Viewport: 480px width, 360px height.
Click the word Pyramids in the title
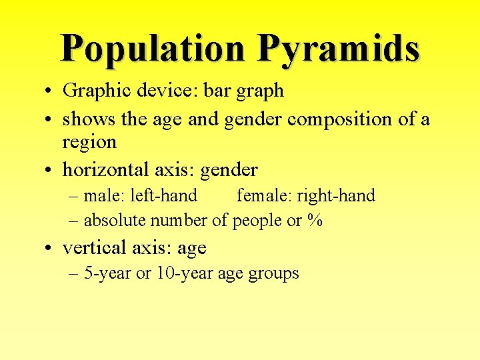tap(338, 48)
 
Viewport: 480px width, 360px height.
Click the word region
tap(89, 142)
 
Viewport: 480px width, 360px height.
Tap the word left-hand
tap(168, 195)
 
